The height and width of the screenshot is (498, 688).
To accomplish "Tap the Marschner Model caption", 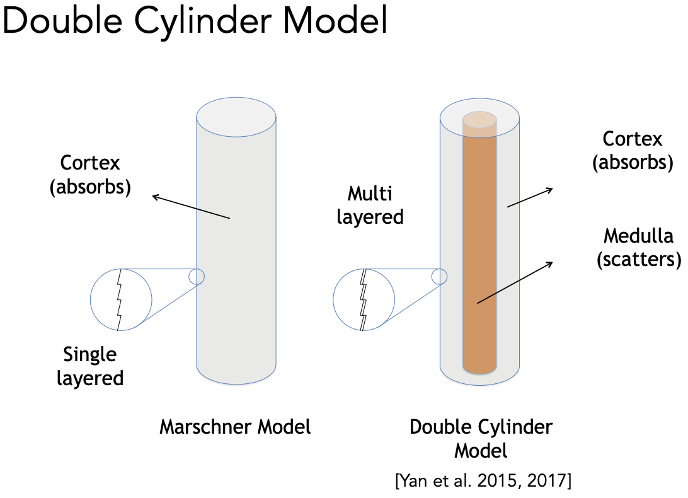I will coord(235,427).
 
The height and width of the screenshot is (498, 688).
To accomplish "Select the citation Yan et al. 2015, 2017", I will coord(483,482).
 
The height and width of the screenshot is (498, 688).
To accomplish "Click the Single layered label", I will coord(90,366).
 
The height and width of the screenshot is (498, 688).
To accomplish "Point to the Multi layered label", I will coord(370,205).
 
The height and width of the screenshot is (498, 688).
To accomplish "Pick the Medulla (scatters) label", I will coord(638,248).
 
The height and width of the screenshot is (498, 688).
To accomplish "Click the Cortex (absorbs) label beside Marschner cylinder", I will coord(91,175).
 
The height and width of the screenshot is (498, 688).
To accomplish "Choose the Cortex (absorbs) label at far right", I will coord(633,151).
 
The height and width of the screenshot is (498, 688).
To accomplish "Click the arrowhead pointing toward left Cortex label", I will coord(154,197).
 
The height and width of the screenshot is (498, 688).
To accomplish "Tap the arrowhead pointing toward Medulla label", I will coord(551,263).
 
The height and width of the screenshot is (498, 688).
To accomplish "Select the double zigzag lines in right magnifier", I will coord(364,299).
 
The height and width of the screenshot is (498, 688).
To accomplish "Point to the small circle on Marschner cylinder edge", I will coord(197,276).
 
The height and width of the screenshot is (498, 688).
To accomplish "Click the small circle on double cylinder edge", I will coord(439,276).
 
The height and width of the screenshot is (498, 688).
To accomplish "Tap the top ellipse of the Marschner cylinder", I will coord(236,118).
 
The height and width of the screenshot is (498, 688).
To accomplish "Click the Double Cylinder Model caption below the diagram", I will coord(481,438).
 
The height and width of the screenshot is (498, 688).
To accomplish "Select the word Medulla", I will coord(638,236).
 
